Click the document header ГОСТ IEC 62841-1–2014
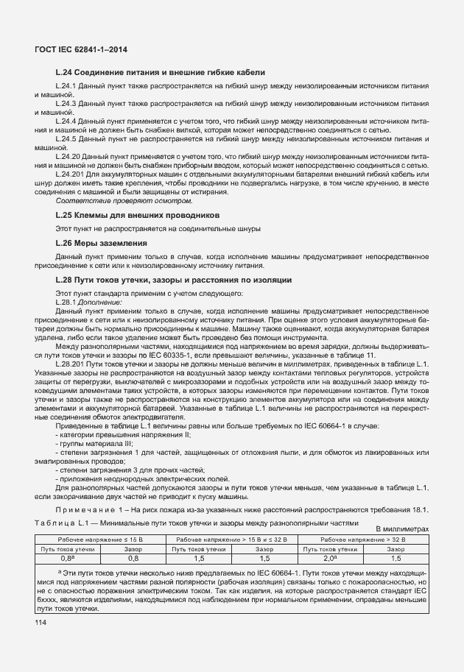(85, 50)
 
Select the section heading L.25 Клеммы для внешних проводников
(138, 215)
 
